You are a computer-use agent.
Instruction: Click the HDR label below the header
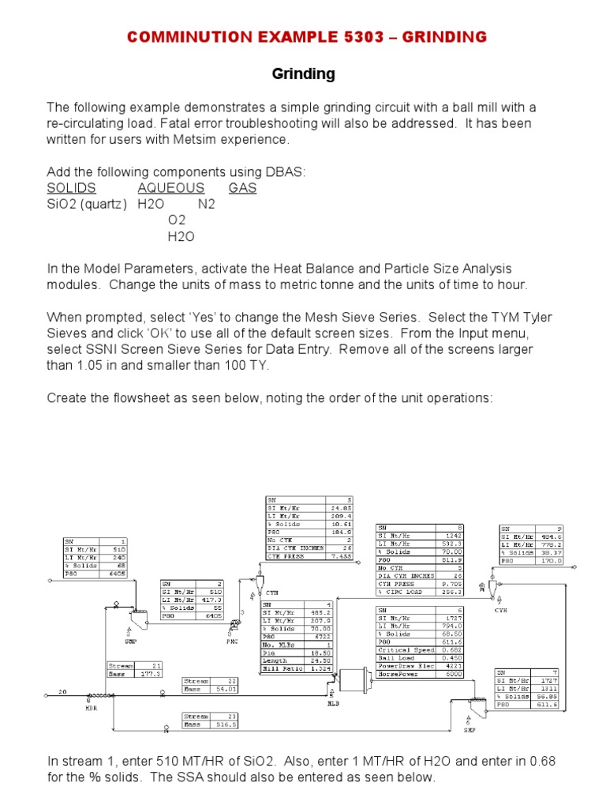91,708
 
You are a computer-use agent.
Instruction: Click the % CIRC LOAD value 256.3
453,590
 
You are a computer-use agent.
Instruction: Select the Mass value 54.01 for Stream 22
226,689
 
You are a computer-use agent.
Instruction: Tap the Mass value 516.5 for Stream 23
226,724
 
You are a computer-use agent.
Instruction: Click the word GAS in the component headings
242,188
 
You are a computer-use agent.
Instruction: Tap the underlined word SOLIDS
71,188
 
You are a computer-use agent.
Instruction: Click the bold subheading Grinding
303,74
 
